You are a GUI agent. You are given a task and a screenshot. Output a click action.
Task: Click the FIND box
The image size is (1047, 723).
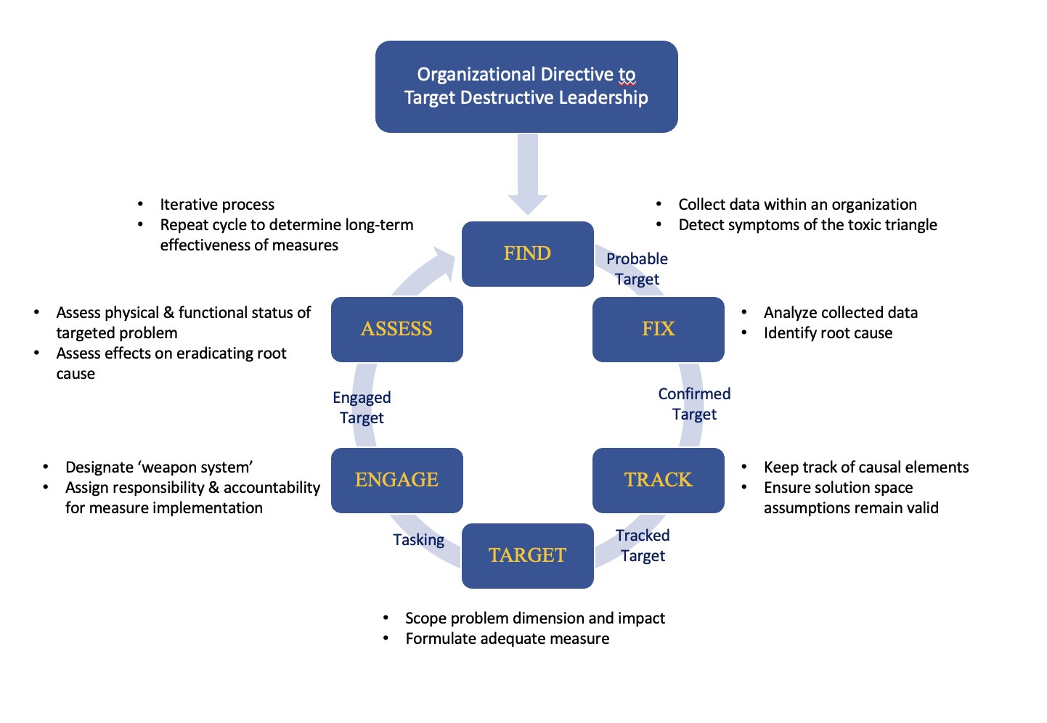coord(528,253)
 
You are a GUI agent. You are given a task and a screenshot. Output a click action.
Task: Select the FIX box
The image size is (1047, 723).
coord(658,329)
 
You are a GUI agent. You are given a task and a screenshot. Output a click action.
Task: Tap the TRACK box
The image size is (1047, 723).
coord(658,480)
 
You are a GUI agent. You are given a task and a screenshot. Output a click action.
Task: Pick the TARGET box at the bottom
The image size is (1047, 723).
coord(528,555)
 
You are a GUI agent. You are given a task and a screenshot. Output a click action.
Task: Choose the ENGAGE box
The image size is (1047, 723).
coord(396,480)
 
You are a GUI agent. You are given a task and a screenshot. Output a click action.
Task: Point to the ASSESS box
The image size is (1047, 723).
coord(396,329)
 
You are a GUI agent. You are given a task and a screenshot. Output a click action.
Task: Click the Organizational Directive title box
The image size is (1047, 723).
coord(526,86)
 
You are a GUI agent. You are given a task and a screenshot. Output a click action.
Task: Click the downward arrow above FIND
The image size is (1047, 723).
coord(528,174)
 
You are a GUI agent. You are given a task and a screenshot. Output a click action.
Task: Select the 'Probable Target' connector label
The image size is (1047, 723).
coord(637,269)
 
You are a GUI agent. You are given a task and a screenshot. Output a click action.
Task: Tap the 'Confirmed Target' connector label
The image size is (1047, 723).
coord(694,404)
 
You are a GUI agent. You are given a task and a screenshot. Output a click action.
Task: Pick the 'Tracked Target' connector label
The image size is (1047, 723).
coord(643,545)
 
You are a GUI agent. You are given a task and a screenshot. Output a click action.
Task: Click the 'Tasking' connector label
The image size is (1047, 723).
coord(418,539)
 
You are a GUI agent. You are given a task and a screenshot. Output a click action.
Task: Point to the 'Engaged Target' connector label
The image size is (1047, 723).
coord(362,407)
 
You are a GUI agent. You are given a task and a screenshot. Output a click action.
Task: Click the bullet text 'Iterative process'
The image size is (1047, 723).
coord(217,205)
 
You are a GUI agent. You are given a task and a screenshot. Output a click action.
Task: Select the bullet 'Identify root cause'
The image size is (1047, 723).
coord(828,333)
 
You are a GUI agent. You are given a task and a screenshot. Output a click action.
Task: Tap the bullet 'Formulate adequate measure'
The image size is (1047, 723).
coord(507,639)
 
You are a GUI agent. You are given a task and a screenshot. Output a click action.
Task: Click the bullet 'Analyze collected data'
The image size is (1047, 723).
coord(840,313)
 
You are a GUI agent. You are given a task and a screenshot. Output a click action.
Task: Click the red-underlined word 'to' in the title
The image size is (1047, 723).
coord(627,75)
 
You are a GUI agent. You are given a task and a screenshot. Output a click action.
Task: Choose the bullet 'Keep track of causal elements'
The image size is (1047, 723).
coord(865,467)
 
